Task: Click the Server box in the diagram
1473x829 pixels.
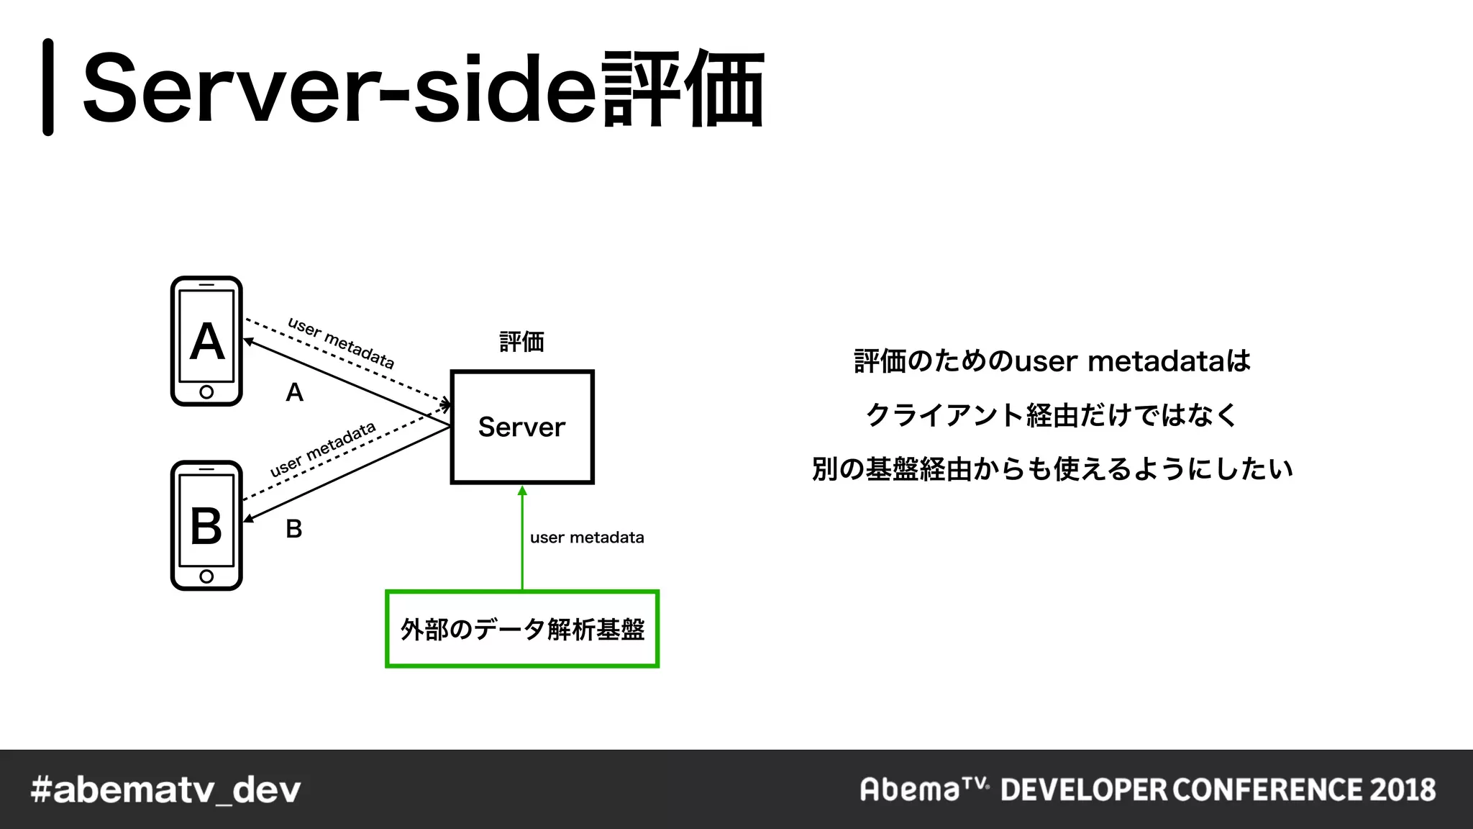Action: coord(522,427)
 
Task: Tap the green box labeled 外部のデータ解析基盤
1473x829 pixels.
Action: coord(522,629)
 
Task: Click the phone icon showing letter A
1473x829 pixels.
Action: coord(206,341)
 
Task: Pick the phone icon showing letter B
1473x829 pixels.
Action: coord(206,525)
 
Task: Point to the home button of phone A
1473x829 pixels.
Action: coord(206,392)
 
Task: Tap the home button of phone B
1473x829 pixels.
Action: coord(206,576)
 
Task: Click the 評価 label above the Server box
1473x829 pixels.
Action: coord(522,341)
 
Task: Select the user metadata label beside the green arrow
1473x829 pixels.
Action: coord(587,538)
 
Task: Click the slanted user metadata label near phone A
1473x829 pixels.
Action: coord(341,343)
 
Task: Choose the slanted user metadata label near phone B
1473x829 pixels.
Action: coord(323,449)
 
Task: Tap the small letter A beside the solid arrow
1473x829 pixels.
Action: coord(294,392)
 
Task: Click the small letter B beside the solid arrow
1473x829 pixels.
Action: coord(293,529)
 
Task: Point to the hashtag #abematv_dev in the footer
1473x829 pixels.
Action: coord(166,789)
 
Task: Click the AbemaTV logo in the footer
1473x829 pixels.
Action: coord(924,789)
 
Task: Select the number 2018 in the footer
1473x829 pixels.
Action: coord(1403,789)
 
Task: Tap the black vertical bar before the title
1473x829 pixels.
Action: coord(48,87)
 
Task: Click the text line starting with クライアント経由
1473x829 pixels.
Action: coord(1052,415)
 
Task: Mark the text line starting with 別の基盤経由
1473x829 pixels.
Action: coord(1052,469)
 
